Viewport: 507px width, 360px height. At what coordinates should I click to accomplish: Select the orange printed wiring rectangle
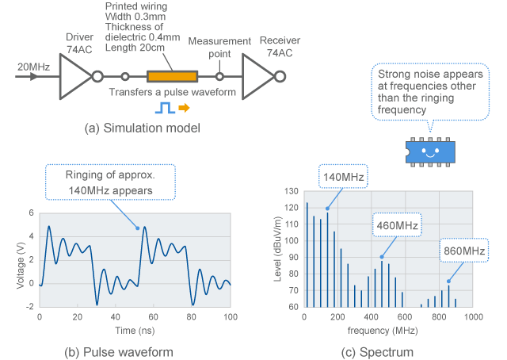click(171, 77)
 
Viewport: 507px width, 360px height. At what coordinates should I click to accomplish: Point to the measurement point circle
click(219, 77)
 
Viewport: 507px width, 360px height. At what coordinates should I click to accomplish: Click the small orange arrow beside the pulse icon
click(173, 109)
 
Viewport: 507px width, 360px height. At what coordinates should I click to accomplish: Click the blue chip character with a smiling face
click(429, 151)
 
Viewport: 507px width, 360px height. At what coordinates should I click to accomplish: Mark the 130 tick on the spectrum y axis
click(290, 192)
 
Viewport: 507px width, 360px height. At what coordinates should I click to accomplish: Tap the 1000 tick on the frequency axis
click(473, 316)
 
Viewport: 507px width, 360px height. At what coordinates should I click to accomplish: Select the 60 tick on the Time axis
click(154, 316)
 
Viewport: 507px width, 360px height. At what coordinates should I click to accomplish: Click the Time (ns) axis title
click(134, 327)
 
